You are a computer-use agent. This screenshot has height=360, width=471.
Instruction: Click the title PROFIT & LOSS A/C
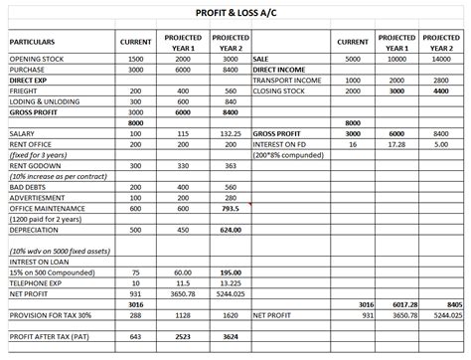tap(235, 11)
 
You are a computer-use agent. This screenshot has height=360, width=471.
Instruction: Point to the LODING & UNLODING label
tap(45, 101)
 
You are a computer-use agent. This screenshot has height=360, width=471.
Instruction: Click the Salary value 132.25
tap(231, 132)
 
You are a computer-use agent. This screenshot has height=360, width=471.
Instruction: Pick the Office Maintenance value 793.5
tap(231, 209)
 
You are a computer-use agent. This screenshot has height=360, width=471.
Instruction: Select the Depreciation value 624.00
tap(231, 230)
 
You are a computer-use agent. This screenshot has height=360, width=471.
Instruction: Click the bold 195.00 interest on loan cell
tap(231, 272)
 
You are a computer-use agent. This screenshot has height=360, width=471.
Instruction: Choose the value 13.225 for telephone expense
tap(231, 282)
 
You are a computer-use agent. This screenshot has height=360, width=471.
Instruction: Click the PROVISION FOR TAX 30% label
tap(52, 314)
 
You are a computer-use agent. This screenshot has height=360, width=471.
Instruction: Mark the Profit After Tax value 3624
tap(231, 336)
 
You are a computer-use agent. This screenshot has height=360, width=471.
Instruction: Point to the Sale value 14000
tap(441, 60)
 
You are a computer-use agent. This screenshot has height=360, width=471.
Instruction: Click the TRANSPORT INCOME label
tap(288, 81)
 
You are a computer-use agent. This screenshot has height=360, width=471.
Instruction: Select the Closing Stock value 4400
tap(441, 90)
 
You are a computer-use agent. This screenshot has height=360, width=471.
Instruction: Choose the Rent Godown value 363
tap(231, 165)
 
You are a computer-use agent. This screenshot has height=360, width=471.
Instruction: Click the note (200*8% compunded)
tap(289, 154)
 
